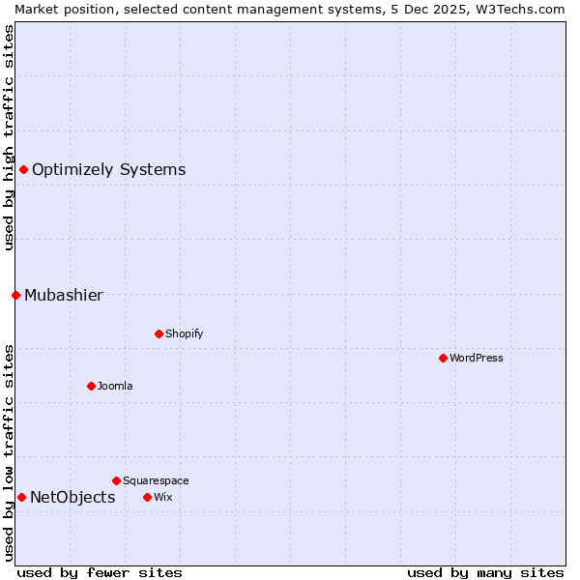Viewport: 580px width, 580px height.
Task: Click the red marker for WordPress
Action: coord(443,358)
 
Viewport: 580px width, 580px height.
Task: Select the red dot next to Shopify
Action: coord(159,333)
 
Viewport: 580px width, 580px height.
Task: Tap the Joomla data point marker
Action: coord(91,386)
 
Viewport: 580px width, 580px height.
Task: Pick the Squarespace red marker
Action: coord(116,480)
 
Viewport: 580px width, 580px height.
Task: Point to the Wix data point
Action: coord(147,497)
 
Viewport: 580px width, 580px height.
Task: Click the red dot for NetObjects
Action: coord(21,497)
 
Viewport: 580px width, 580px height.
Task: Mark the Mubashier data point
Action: coord(15,295)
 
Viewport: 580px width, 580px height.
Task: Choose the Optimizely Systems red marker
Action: coord(23,169)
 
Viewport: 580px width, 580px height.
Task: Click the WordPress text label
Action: coord(477,358)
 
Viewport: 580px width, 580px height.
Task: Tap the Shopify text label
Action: coord(184,333)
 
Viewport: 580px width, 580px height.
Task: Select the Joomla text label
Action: coord(115,386)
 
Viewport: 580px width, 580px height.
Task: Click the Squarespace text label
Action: coord(156,480)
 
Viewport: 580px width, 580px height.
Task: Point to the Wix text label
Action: coord(162,497)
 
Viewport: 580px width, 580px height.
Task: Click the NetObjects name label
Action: coord(72,498)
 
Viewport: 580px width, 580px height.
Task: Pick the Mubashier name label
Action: coord(64,295)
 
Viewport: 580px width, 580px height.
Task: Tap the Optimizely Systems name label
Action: coord(108,169)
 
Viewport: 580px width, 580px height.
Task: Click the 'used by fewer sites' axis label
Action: coord(100,572)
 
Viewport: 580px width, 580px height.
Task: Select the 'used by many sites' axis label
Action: coord(485,572)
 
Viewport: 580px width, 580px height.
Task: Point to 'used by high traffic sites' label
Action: coord(9,137)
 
